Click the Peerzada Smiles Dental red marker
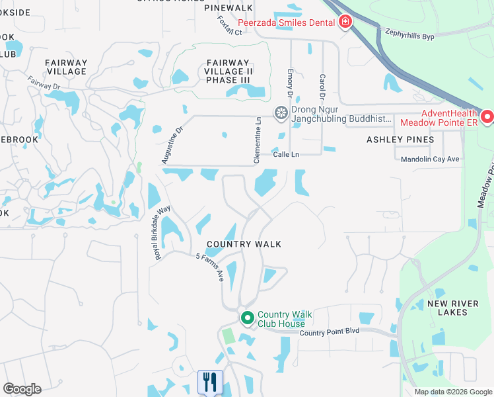point(345,22)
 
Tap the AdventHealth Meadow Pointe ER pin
point(487,117)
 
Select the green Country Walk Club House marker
point(248,319)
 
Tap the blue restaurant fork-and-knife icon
point(210,382)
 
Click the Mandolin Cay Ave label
point(429,159)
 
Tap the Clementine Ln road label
point(258,133)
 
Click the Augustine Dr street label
point(170,146)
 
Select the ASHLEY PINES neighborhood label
point(400,140)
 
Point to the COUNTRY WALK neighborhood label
point(244,244)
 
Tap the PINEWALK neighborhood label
point(229,7)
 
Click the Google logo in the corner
point(22,389)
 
